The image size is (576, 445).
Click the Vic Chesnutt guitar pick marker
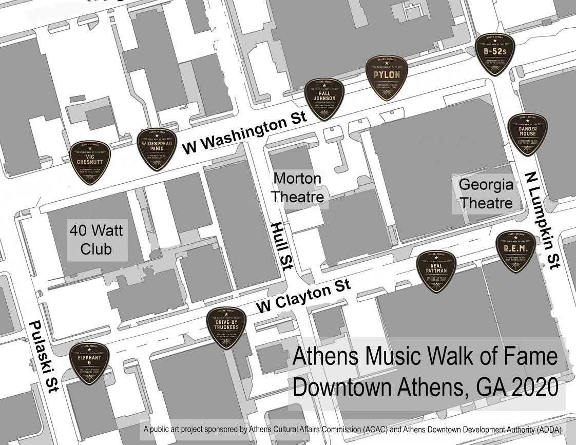tap(90, 162)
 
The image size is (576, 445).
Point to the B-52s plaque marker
tap(495, 54)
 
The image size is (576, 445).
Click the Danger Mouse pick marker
tap(527, 134)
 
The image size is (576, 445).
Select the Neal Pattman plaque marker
tap(436, 271)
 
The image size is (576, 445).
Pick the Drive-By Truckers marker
tap(226, 328)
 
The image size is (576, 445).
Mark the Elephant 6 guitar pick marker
tap(90, 363)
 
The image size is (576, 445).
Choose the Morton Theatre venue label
tap(297, 187)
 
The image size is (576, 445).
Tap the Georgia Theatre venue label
tap(486, 194)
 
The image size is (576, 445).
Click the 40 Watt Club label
tap(97, 240)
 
